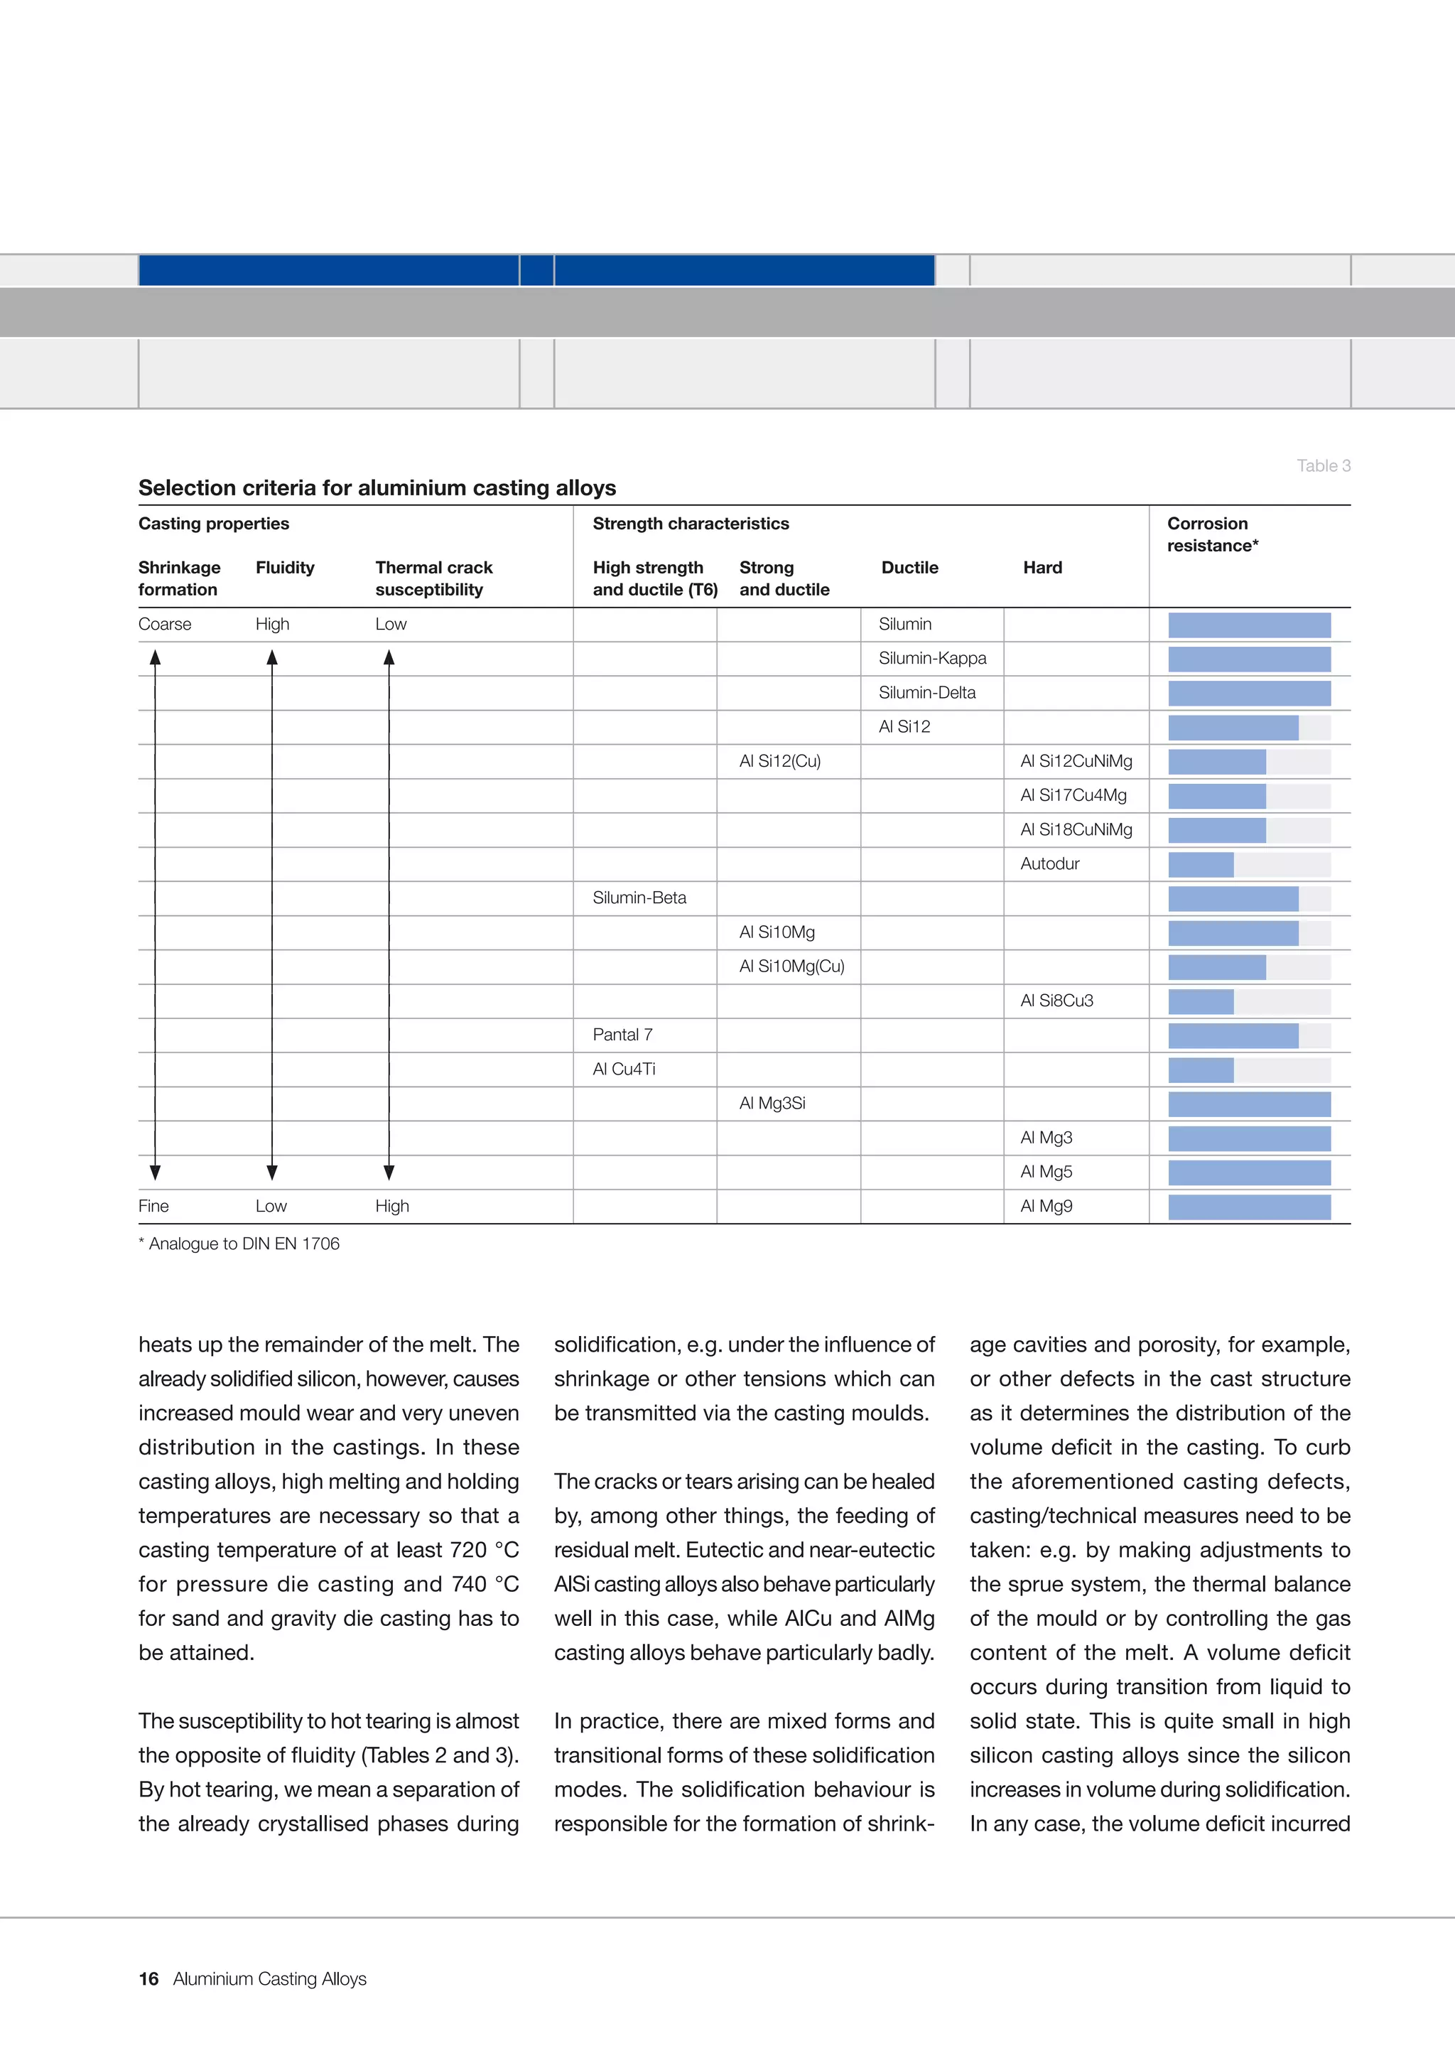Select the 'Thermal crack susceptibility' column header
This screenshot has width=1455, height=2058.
[x=433, y=578]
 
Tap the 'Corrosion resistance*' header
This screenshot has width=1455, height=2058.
[x=1211, y=534]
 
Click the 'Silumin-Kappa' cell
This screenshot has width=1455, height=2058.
[x=932, y=658]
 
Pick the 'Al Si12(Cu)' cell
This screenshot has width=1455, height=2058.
[x=779, y=761]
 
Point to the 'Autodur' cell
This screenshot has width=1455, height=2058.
[x=1049, y=863]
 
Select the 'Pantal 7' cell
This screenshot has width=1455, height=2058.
[x=622, y=1035]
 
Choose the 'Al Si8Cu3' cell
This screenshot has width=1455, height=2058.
[x=1056, y=1001]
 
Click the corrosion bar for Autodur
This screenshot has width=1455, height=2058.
[x=1201, y=864]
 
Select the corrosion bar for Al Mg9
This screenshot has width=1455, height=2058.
[x=1249, y=1207]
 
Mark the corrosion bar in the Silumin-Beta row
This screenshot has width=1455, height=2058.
[x=1233, y=898]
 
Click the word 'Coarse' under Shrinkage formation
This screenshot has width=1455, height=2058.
[x=165, y=624]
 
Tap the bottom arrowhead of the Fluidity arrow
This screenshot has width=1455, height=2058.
[x=272, y=1173]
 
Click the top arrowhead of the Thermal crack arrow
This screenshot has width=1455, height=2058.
[x=389, y=658]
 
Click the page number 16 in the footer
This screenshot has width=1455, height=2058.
[x=148, y=1978]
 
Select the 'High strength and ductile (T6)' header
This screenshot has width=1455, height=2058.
[x=654, y=578]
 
